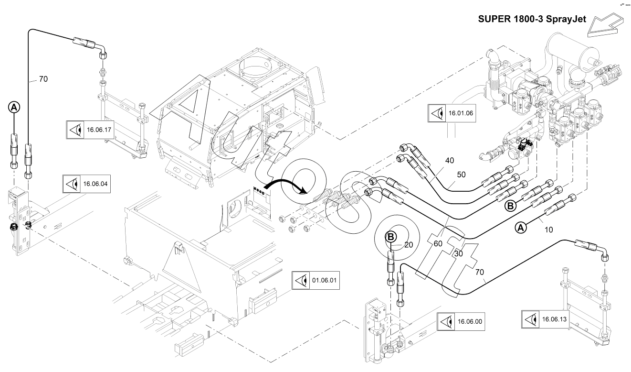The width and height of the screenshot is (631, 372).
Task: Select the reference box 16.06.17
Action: point(90,130)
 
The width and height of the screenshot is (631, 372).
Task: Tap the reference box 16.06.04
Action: point(87,184)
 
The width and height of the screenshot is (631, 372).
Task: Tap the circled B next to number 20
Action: point(391,236)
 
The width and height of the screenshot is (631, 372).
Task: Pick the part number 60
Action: point(438,244)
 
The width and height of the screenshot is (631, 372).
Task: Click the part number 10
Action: point(548,230)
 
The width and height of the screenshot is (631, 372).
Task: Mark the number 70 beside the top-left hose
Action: point(43,79)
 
